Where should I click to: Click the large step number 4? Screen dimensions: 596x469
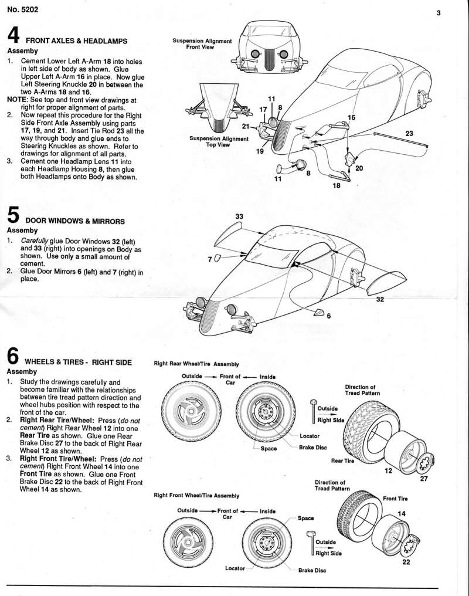[x=13, y=35]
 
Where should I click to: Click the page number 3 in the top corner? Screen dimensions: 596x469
[x=438, y=13]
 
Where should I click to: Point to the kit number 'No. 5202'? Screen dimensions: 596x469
[x=21, y=9]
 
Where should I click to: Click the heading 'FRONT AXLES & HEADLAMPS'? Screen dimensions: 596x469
[x=77, y=40]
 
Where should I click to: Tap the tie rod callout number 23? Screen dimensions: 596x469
[x=409, y=134]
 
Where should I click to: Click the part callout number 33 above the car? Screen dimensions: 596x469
[x=239, y=216]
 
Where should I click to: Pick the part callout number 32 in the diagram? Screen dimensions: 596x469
[x=380, y=299]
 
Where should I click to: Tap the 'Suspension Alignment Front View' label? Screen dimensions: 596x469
[x=202, y=44]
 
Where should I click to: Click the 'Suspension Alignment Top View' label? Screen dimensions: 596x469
[x=219, y=142]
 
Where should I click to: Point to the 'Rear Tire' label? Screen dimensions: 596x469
[x=342, y=461]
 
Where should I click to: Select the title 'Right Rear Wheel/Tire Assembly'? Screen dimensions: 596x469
[x=196, y=364]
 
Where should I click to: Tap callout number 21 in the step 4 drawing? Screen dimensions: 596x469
[x=246, y=126]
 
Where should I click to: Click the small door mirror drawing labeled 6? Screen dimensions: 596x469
[x=320, y=313]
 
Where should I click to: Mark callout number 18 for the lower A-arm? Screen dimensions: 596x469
[x=336, y=185]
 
